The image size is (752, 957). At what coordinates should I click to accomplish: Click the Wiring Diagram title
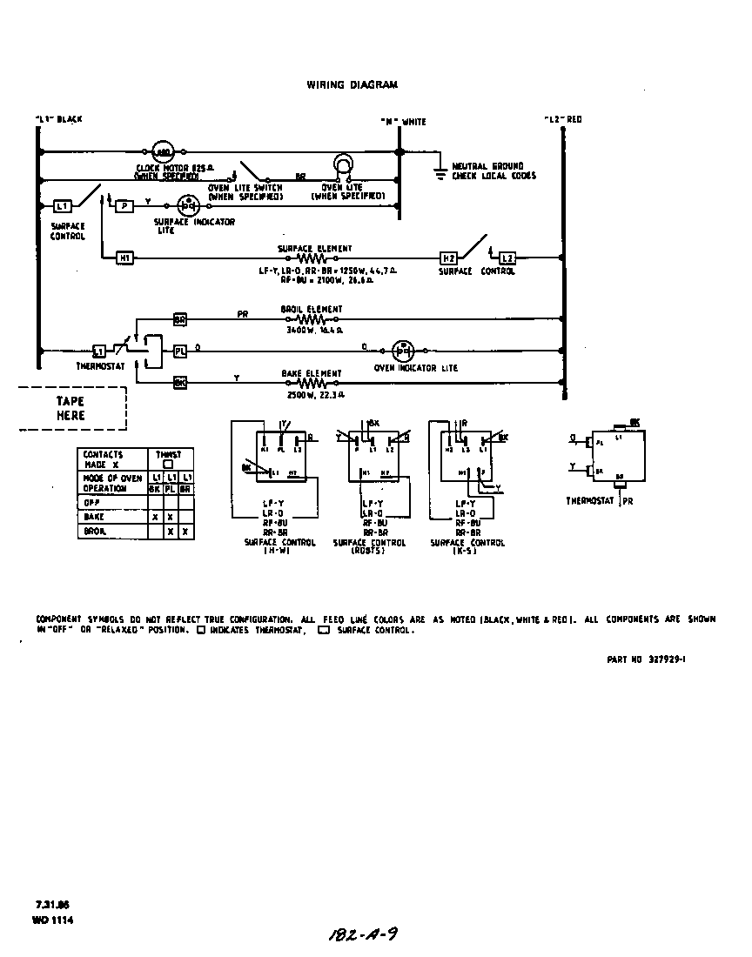click(352, 85)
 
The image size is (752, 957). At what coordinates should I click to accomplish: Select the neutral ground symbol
click(440, 172)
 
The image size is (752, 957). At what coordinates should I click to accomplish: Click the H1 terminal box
click(124, 258)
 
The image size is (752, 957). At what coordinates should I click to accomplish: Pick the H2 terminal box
click(448, 258)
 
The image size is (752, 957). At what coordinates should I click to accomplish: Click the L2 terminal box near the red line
click(507, 258)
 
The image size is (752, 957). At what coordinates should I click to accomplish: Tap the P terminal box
click(124, 206)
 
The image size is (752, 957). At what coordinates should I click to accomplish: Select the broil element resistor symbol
click(311, 319)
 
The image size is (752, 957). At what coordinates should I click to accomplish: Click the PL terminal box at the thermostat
click(180, 351)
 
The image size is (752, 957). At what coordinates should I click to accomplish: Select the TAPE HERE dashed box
click(71, 409)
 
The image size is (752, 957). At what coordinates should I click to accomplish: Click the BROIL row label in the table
click(93, 531)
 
